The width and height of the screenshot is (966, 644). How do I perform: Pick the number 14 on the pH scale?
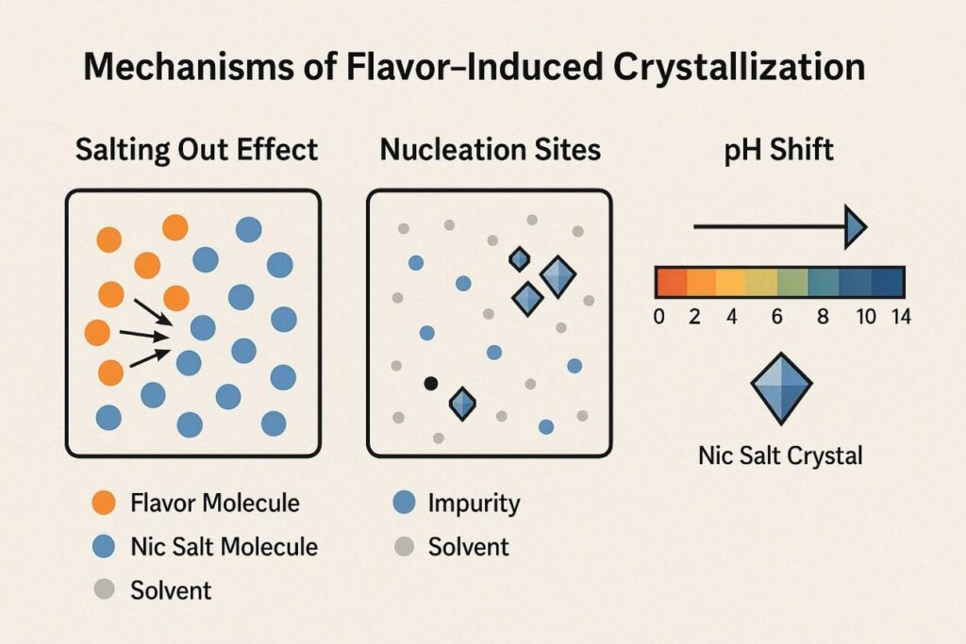click(900, 317)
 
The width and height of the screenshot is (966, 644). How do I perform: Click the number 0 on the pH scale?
click(659, 317)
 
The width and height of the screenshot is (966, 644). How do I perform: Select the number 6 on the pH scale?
click(777, 317)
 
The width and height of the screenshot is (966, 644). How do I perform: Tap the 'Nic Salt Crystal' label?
click(780, 456)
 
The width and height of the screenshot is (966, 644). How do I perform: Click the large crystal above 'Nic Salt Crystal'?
click(781, 388)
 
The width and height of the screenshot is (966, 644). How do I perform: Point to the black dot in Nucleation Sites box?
click(431, 383)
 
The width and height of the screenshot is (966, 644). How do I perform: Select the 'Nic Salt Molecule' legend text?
click(224, 547)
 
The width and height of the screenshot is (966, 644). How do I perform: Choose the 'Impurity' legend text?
click(474, 503)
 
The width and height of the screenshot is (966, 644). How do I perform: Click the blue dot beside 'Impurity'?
click(403, 503)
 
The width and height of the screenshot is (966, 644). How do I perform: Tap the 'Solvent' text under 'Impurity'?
click(468, 547)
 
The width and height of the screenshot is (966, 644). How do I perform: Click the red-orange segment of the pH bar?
click(670, 282)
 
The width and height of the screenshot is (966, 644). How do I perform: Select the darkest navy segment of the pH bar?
click(888, 282)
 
